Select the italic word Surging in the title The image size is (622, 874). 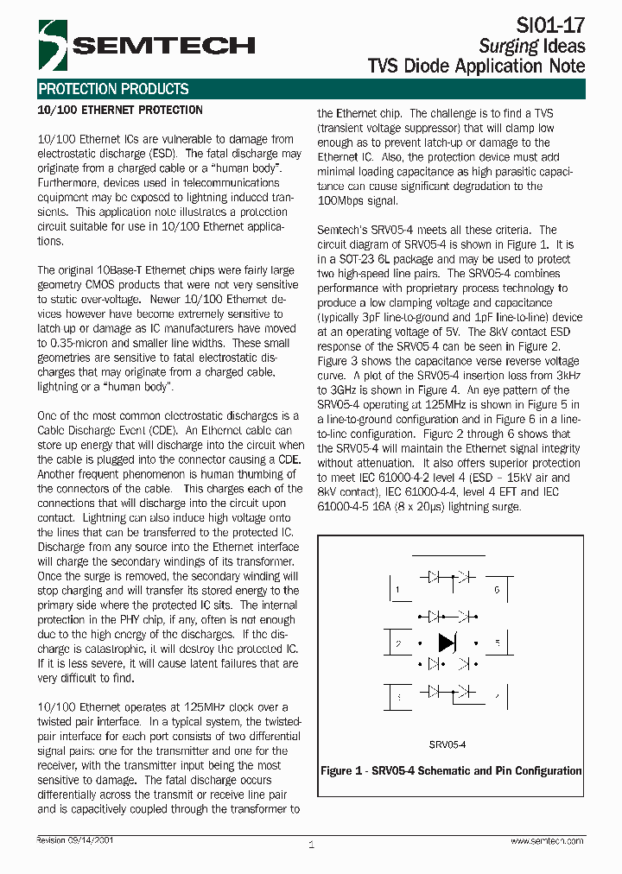click(x=509, y=46)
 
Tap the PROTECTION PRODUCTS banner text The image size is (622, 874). click(x=113, y=89)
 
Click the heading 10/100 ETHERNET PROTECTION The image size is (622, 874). click(x=120, y=111)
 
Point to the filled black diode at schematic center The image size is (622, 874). click(x=447, y=643)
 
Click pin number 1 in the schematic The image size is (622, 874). click(x=397, y=591)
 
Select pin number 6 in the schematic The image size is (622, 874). click(x=497, y=591)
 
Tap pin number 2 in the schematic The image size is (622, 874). click(x=397, y=643)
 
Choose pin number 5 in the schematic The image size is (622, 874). click(x=497, y=643)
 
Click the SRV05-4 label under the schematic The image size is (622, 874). click(x=447, y=744)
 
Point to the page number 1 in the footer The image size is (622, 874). click(x=311, y=845)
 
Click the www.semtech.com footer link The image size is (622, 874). click(x=546, y=840)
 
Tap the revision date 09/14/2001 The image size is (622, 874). click(x=92, y=839)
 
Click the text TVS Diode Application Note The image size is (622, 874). click(x=476, y=66)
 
